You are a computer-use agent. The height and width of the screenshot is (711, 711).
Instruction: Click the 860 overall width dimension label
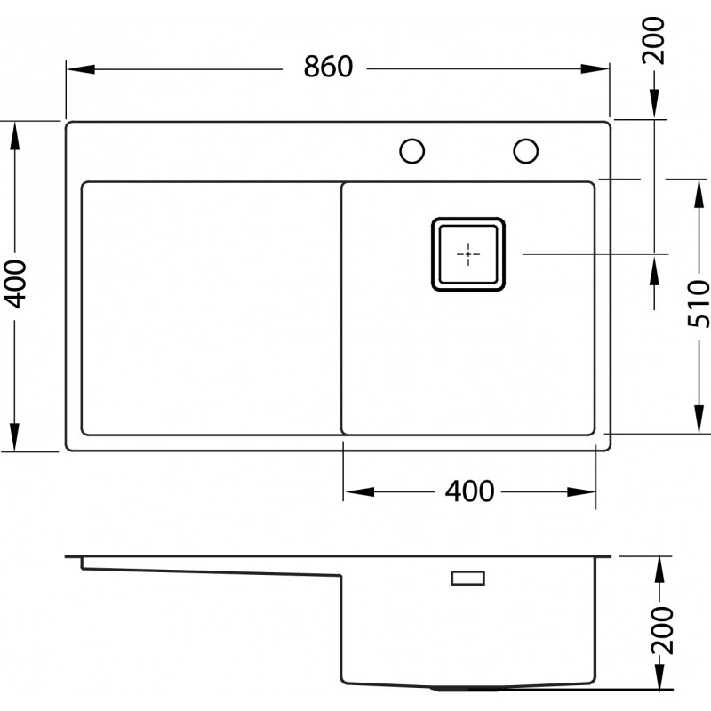[x=328, y=67]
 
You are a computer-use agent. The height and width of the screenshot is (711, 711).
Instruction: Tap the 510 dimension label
[x=698, y=303]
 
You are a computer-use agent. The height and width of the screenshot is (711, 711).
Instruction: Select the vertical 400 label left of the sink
[x=14, y=284]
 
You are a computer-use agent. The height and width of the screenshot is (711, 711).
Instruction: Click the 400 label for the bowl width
[x=469, y=491]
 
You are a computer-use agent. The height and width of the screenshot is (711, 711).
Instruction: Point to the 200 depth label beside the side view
[x=662, y=629]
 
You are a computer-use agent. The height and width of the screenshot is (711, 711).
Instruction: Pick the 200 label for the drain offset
[x=654, y=40]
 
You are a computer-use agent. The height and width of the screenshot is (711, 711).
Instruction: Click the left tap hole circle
[x=412, y=151]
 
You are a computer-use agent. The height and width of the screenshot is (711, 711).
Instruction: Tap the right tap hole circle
[x=526, y=151]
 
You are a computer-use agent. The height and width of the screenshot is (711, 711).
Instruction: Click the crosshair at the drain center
[x=468, y=254]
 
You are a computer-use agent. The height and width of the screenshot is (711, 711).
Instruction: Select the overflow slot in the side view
[x=468, y=579]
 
